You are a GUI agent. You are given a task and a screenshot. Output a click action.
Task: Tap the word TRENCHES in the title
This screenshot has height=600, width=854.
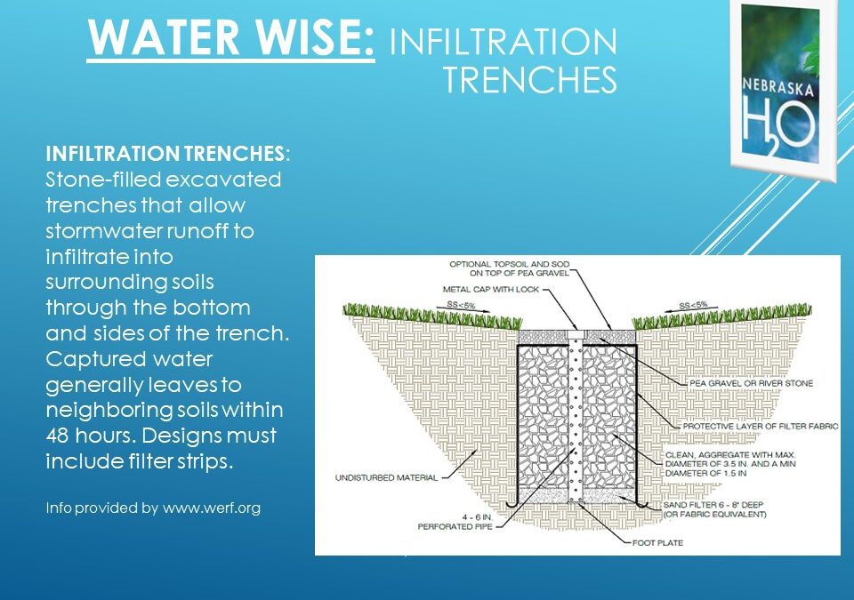[530, 80]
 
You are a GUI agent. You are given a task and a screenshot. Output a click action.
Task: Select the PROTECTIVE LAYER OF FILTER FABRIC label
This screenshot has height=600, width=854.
[761, 427]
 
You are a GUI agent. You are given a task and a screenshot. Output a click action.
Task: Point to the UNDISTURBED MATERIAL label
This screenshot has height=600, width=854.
[386, 478]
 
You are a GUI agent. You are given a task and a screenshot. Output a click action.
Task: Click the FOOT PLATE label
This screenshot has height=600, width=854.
[657, 542]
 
